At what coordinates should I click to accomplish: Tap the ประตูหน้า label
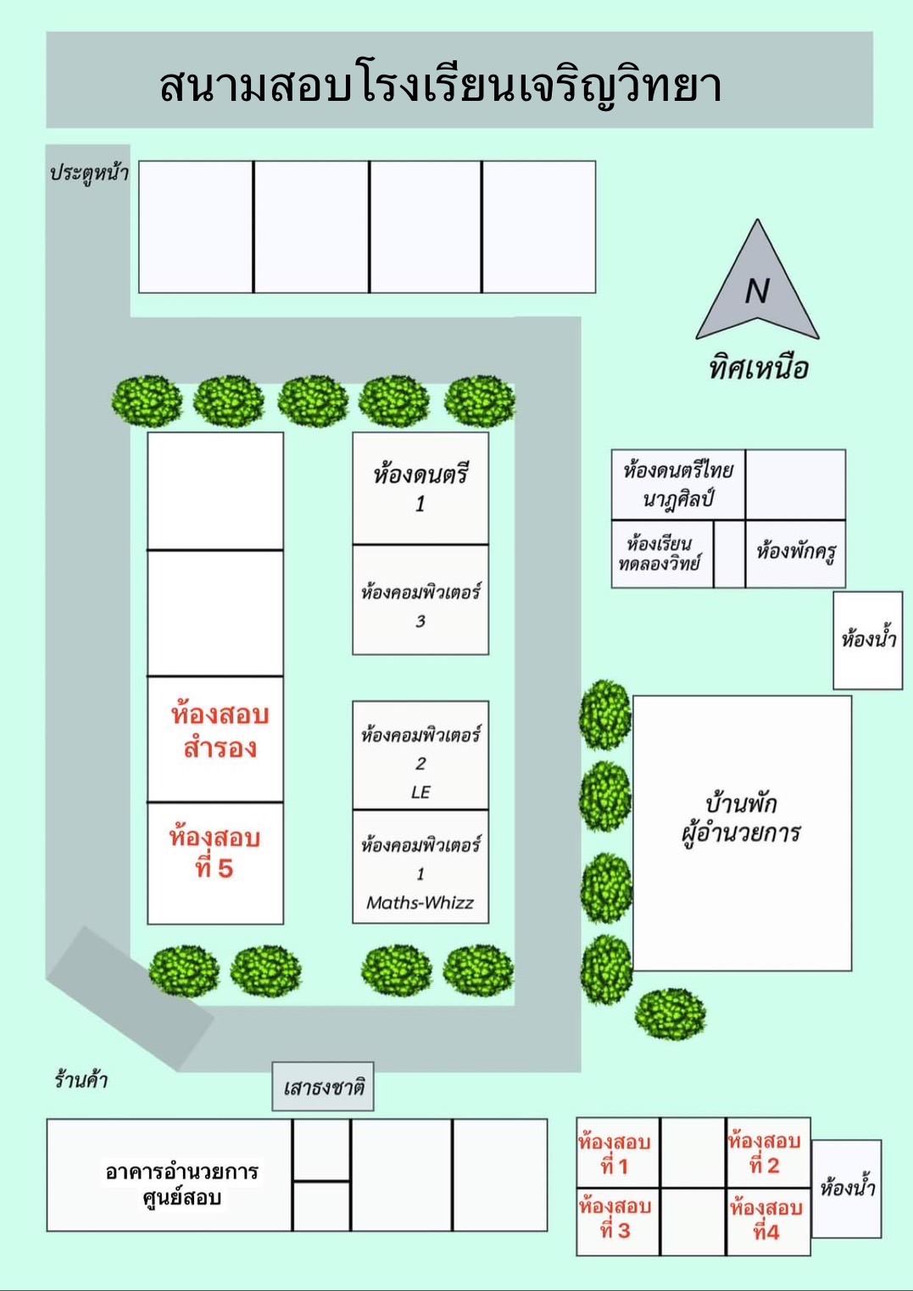[89, 173]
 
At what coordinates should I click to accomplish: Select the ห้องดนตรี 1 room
[420, 488]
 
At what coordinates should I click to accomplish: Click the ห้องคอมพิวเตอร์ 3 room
[420, 599]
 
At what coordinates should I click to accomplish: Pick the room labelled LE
[420, 755]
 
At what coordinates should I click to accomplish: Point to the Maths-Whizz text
[420, 902]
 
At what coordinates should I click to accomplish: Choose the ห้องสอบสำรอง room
[215, 739]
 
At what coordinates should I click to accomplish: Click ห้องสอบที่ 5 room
[215, 864]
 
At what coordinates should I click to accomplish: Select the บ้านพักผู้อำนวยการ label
[741, 819]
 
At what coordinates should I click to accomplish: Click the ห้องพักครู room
[795, 554]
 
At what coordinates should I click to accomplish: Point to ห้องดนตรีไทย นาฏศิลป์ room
[678, 484]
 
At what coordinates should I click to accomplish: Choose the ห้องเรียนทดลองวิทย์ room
[662, 554]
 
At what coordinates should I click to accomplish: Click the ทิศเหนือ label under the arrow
[758, 368]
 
